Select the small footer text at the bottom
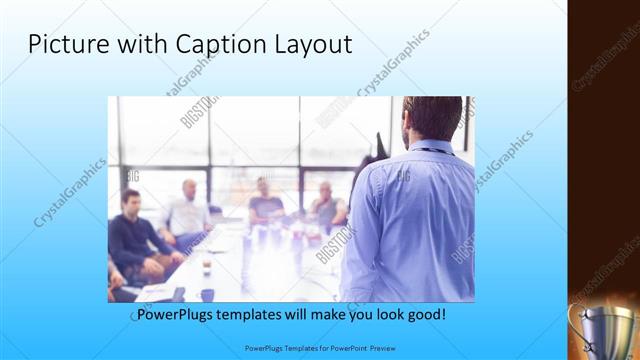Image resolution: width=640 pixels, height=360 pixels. pyautogui.click(x=319, y=349)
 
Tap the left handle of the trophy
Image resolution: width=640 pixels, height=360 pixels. pyautogui.click(x=576, y=318)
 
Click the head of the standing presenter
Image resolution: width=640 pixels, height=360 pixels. pyautogui.click(x=433, y=116)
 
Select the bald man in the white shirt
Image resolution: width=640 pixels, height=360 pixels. pyautogui.click(x=187, y=211)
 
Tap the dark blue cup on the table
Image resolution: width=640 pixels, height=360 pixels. pyautogui.click(x=207, y=294)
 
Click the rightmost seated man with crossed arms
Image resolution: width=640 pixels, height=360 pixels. pyautogui.click(x=327, y=207)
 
